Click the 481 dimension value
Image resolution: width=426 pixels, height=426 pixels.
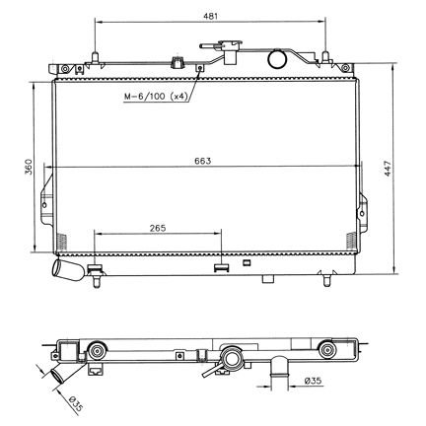coord(210,16)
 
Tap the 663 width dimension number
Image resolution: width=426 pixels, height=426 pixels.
coord(203,161)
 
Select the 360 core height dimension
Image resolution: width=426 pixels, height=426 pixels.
coord(30,167)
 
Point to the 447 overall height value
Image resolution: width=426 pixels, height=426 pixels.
coord(389,169)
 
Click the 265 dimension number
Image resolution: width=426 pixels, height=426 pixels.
coord(158,228)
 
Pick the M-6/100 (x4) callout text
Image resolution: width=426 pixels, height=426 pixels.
coord(156,97)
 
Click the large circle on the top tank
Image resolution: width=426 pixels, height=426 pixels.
coord(277,58)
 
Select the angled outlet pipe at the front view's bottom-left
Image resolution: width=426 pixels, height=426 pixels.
coord(67,270)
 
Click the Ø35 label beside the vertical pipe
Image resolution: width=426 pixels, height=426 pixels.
coord(313,382)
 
